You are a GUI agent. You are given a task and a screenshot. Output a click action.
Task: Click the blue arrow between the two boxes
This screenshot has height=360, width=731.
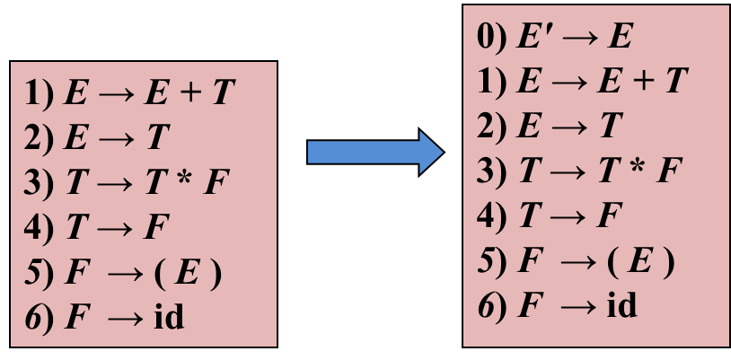click(374, 152)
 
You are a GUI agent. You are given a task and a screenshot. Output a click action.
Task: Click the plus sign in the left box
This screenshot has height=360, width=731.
click(179, 93)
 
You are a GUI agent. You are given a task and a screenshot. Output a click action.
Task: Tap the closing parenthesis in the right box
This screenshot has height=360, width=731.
click(664, 262)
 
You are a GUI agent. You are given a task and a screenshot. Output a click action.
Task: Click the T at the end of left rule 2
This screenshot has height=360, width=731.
click(158, 138)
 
